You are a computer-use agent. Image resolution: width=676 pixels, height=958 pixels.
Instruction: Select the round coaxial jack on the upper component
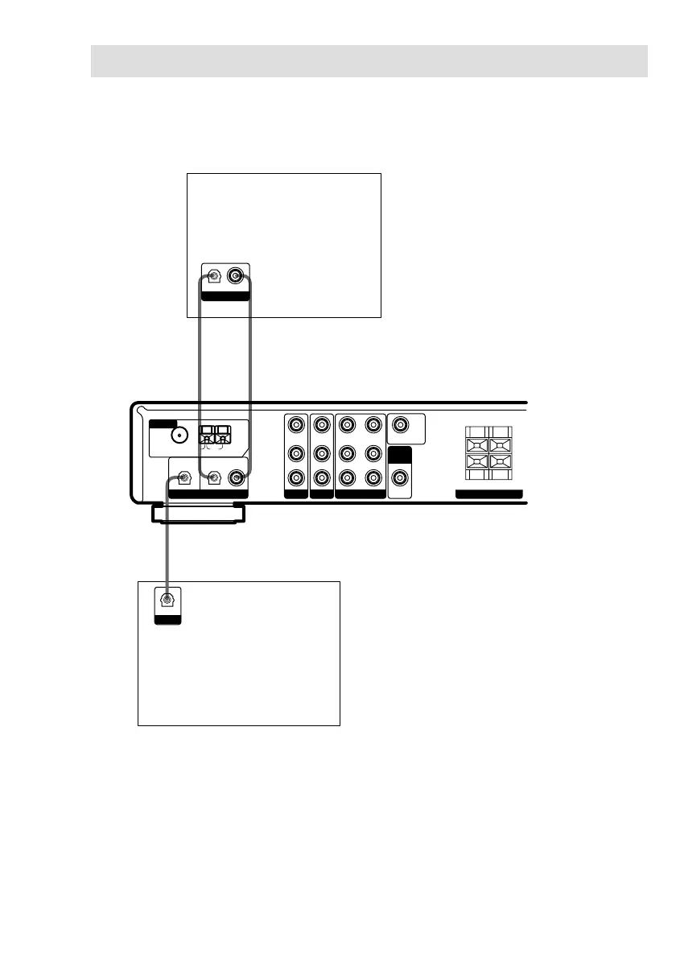235,277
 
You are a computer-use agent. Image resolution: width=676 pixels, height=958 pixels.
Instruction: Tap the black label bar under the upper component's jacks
225,296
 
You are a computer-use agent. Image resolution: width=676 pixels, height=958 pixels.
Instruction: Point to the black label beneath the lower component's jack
167,620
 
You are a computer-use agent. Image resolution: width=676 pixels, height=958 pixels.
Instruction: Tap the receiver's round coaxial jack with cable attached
236,478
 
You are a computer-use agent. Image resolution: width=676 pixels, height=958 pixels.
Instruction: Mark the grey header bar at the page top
369,61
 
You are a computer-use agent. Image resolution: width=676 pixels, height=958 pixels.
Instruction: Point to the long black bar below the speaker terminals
488,493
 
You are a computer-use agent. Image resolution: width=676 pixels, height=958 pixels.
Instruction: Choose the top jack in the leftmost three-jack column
297,423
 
